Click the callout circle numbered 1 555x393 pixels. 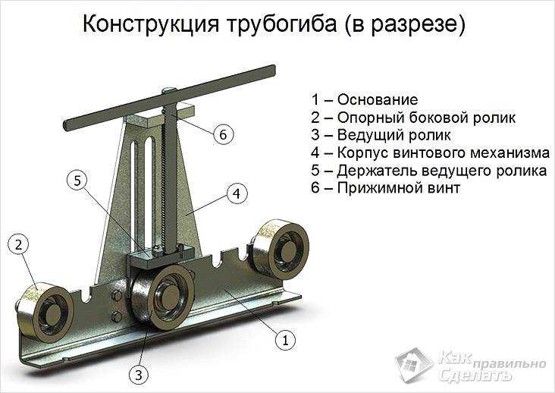pos(284,341)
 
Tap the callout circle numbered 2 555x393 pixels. pos(20,244)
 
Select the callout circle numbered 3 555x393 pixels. pos(137,373)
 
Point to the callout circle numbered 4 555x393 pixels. pos(237,194)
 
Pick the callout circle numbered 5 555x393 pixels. pos(79,181)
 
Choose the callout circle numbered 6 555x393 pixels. pos(220,135)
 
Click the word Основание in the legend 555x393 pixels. pos(377,100)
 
